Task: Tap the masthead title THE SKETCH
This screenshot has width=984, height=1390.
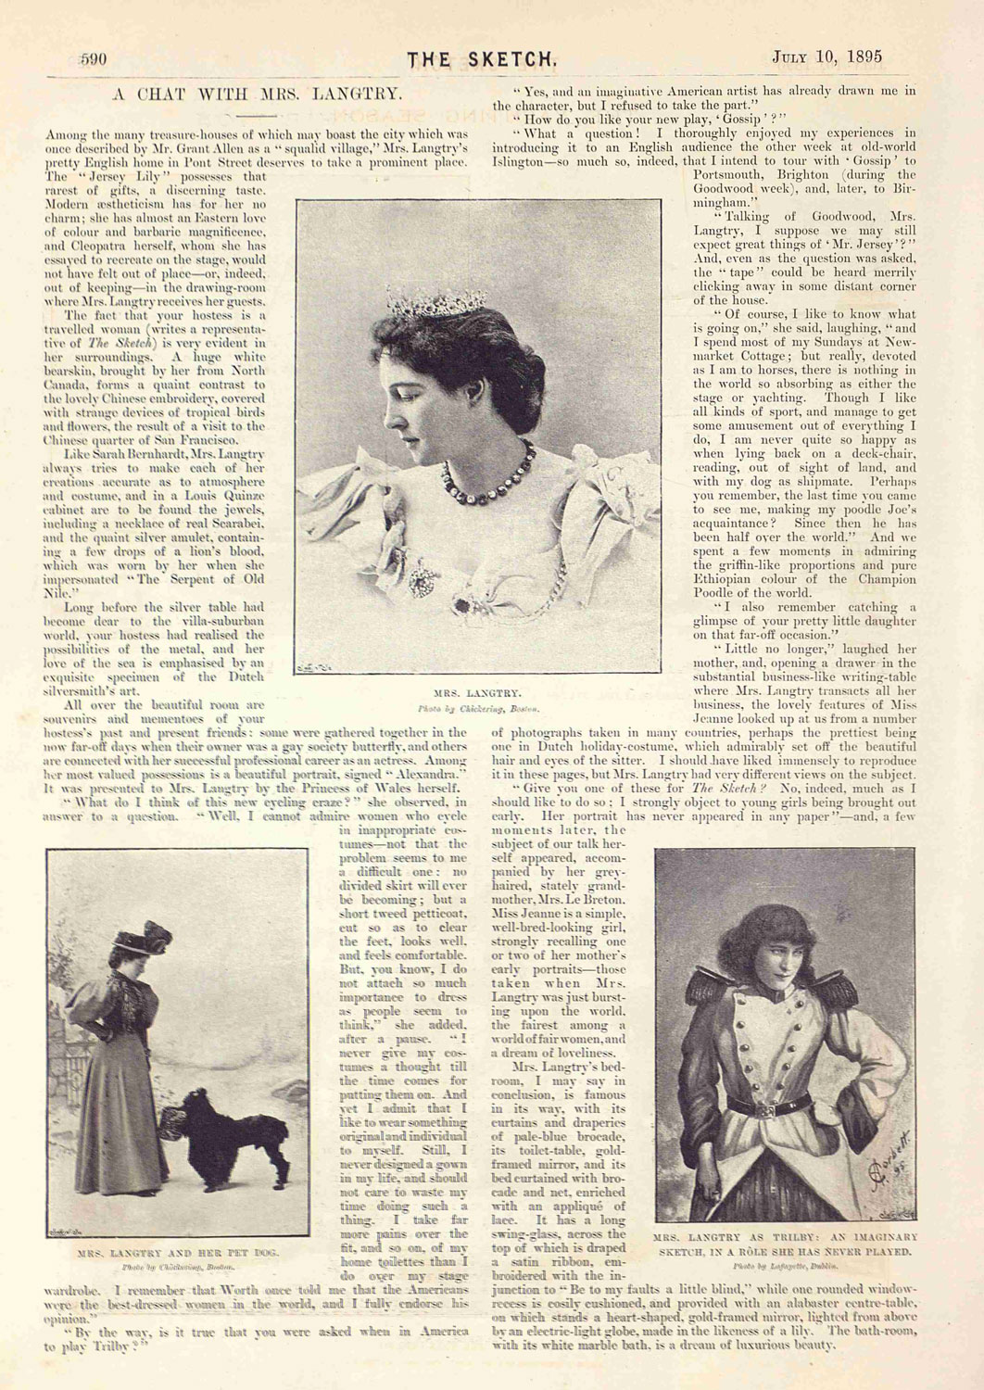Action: [x=482, y=59]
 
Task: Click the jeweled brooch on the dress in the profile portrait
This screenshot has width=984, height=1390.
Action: [x=423, y=579]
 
